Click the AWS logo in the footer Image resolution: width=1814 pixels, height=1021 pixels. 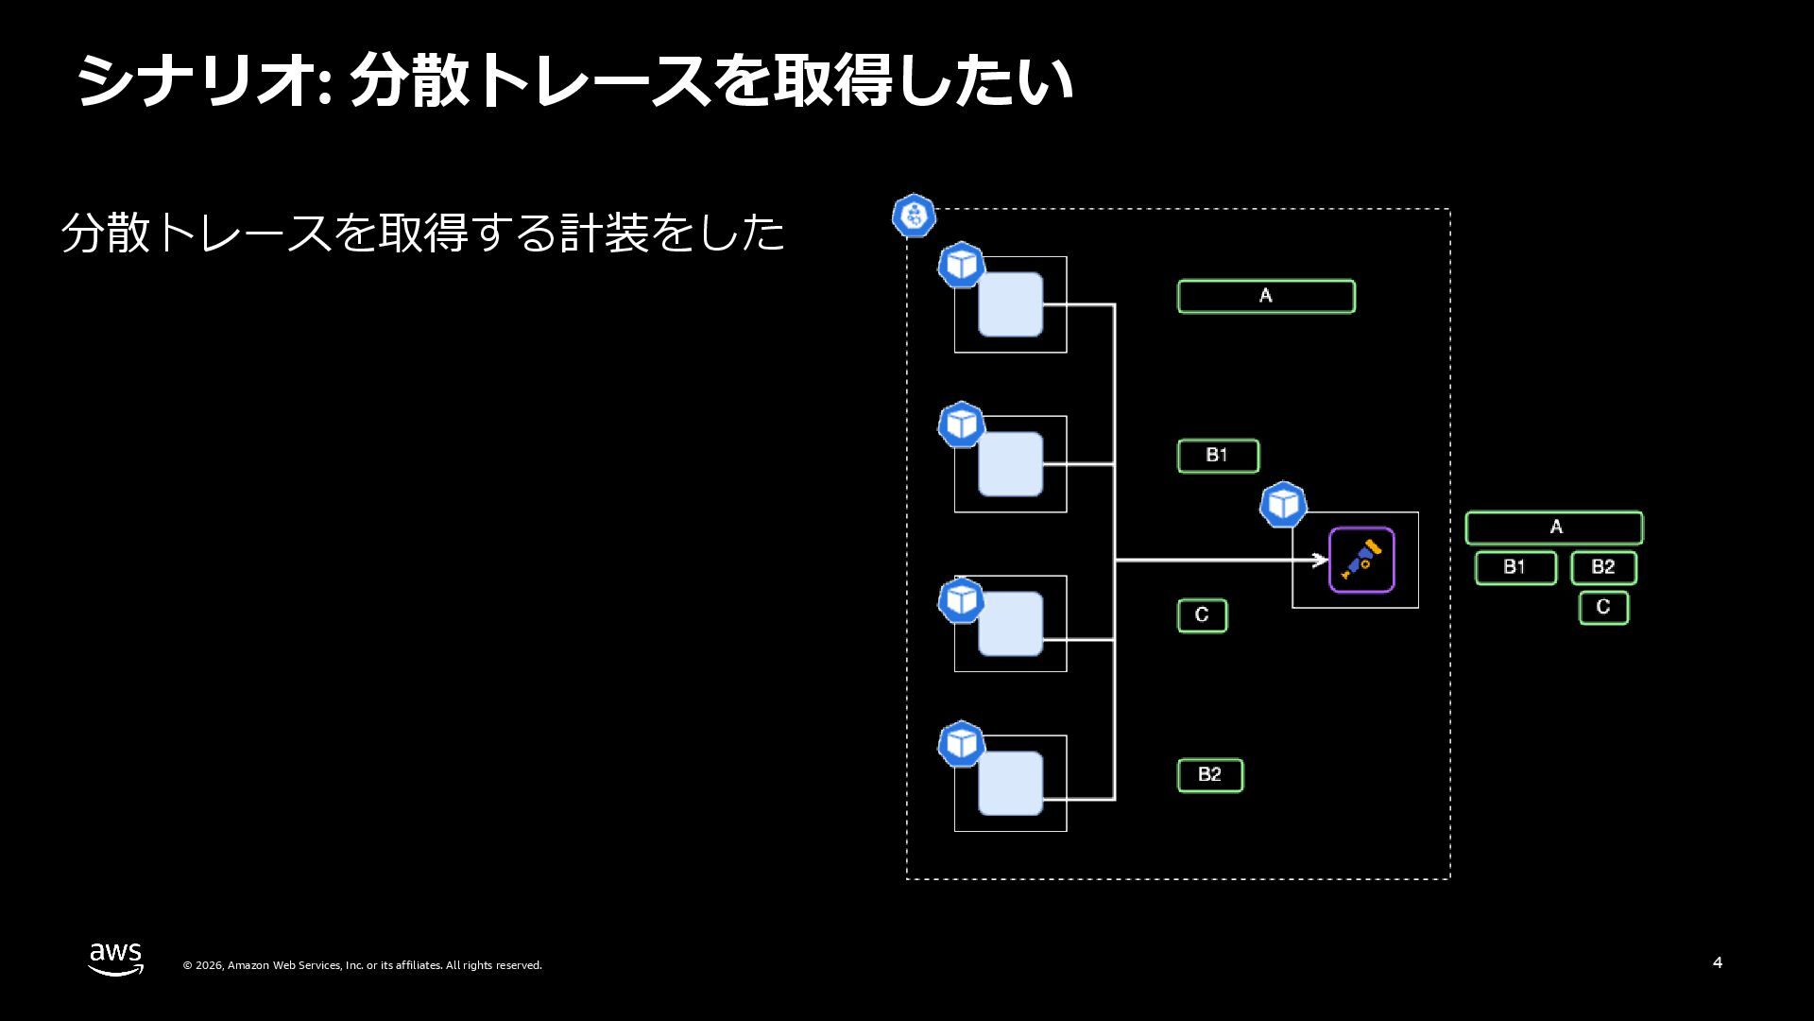pyautogui.click(x=115, y=958)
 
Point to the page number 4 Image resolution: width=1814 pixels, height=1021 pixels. pyautogui.click(x=1717, y=962)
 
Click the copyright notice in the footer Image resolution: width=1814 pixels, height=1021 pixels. pyautogui.click(x=362, y=965)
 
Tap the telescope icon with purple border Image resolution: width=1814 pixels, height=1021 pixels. pyautogui.click(x=1361, y=560)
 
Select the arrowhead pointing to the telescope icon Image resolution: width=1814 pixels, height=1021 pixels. pyautogui.click(x=1321, y=561)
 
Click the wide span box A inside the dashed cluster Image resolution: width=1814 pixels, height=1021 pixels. pyautogui.click(x=1266, y=296)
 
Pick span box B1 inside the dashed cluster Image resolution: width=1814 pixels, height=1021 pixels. pyautogui.click(x=1218, y=456)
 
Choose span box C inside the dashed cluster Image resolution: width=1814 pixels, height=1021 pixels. pyautogui.click(x=1202, y=615)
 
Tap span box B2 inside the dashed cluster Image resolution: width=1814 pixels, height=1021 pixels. pyautogui.click(x=1210, y=775)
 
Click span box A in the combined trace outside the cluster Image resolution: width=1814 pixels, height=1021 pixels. pyautogui.click(x=1554, y=528)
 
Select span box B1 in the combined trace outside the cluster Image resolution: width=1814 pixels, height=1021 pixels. pyautogui.click(x=1515, y=567)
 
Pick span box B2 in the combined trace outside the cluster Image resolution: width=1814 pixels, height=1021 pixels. pyautogui.click(x=1603, y=567)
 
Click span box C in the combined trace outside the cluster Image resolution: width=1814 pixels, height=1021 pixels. pyautogui.click(x=1603, y=607)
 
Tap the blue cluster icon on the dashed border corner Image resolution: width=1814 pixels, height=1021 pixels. pyautogui.click(x=914, y=216)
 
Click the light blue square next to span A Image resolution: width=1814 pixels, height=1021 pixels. pyautogui.click(x=1010, y=304)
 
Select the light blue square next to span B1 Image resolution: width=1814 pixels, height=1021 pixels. pyautogui.click(x=1010, y=464)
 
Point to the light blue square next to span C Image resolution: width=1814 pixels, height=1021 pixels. pyautogui.click(x=1010, y=624)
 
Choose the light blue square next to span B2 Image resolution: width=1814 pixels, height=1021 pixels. pyautogui.click(x=1010, y=784)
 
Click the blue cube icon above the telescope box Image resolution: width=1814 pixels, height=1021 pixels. pyautogui.click(x=1283, y=505)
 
